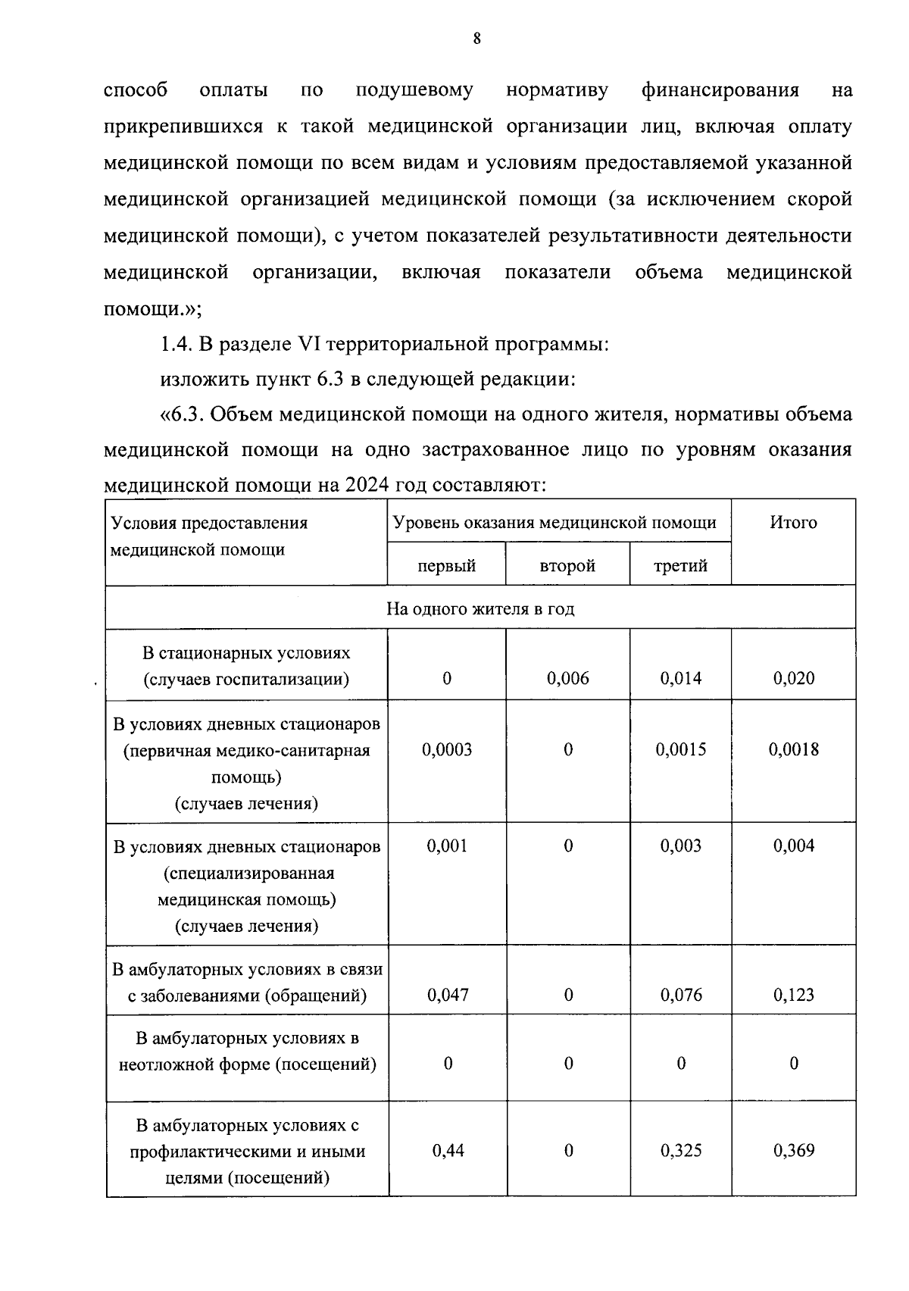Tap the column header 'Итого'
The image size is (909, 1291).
point(793,523)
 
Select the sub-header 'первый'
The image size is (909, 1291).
point(446,566)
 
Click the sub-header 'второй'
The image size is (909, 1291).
point(567,566)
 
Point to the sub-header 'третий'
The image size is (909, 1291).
point(680,566)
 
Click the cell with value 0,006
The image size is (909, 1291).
point(567,678)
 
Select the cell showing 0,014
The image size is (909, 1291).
point(680,678)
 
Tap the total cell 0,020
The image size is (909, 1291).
point(793,678)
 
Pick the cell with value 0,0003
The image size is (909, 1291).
point(446,750)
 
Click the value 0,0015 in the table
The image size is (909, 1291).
point(680,750)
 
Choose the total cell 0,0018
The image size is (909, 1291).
point(793,750)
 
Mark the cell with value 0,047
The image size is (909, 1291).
point(446,996)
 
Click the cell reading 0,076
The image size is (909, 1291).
point(680,996)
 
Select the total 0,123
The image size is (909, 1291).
point(793,996)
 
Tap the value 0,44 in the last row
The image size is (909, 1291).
point(448,1151)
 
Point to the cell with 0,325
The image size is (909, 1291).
point(680,1151)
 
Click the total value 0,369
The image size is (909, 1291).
point(793,1151)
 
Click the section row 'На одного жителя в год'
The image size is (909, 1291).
point(480,609)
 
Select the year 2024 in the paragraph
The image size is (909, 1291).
point(367,486)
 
